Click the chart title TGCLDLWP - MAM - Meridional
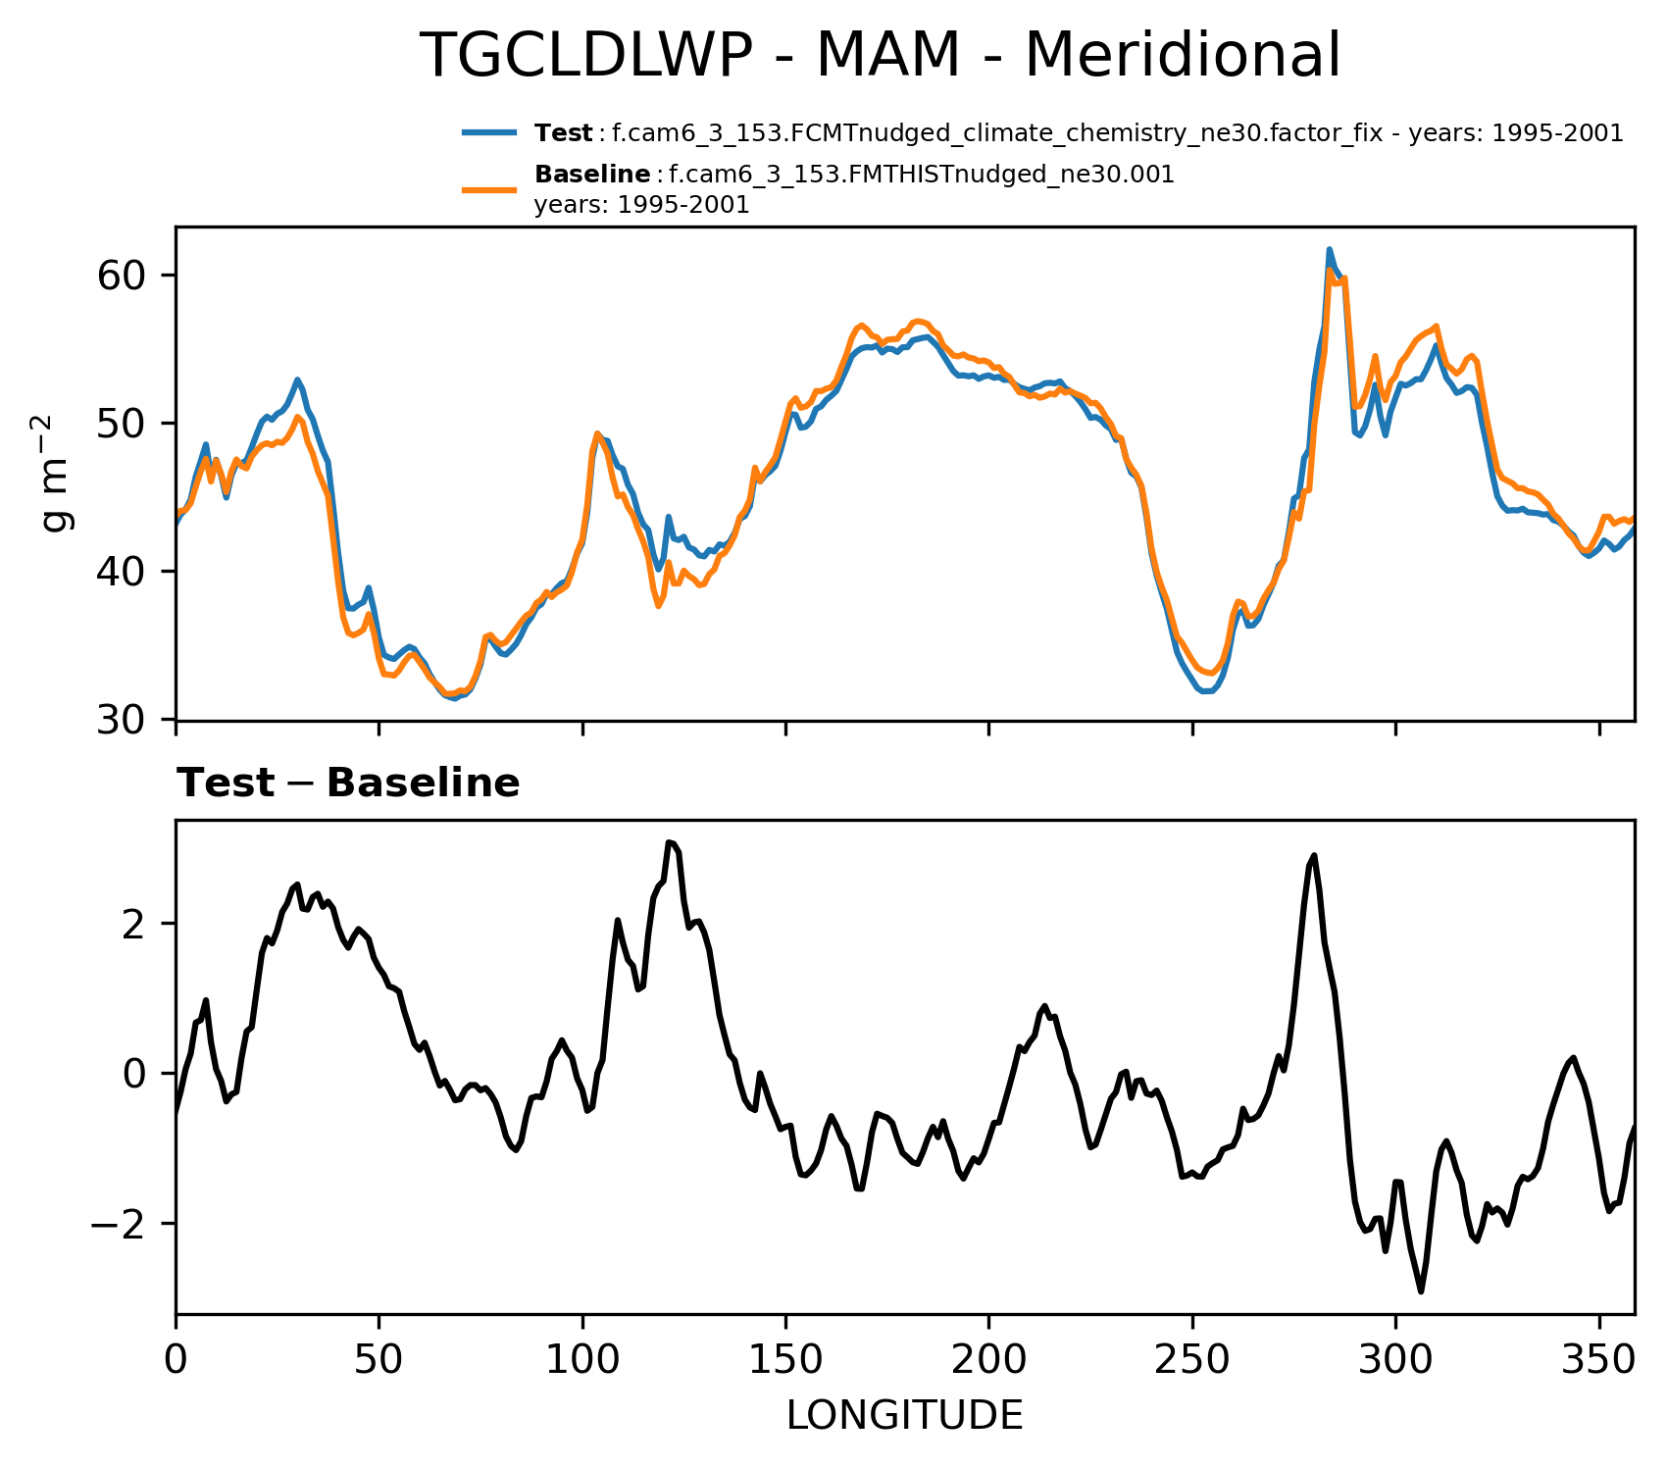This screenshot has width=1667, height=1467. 880,56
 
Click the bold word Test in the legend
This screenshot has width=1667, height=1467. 563,133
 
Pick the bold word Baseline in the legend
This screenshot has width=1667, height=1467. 592,176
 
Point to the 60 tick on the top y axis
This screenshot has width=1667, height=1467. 122,276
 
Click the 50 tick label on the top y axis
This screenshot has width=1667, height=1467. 122,424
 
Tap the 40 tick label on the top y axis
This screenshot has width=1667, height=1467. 122,572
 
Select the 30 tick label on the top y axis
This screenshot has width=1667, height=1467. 122,720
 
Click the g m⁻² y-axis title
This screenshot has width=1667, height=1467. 56,473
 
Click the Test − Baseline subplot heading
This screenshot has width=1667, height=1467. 348,784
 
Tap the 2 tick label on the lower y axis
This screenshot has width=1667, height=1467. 135,925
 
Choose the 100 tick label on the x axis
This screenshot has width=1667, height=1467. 582,1362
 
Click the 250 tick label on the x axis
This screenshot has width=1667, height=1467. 1192,1362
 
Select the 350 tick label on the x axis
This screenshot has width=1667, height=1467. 1599,1362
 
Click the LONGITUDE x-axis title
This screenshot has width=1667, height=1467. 904,1416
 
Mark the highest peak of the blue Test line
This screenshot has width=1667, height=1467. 1330,249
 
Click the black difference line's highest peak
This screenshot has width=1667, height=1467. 669,842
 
